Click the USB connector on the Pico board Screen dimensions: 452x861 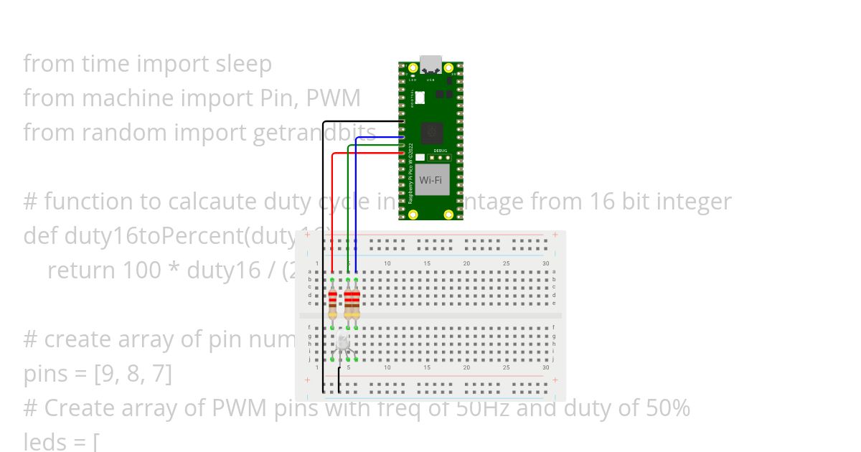(431, 65)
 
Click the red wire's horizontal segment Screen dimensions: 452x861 (366, 154)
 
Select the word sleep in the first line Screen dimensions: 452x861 (243, 64)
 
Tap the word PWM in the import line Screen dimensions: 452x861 (333, 98)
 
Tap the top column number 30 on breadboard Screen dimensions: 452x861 (545, 264)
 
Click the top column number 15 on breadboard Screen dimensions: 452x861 (427, 264)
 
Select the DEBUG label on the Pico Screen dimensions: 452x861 (440, 151)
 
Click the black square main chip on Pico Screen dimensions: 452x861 (431, 132)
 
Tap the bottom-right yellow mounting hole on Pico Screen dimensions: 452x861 (449, 214)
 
